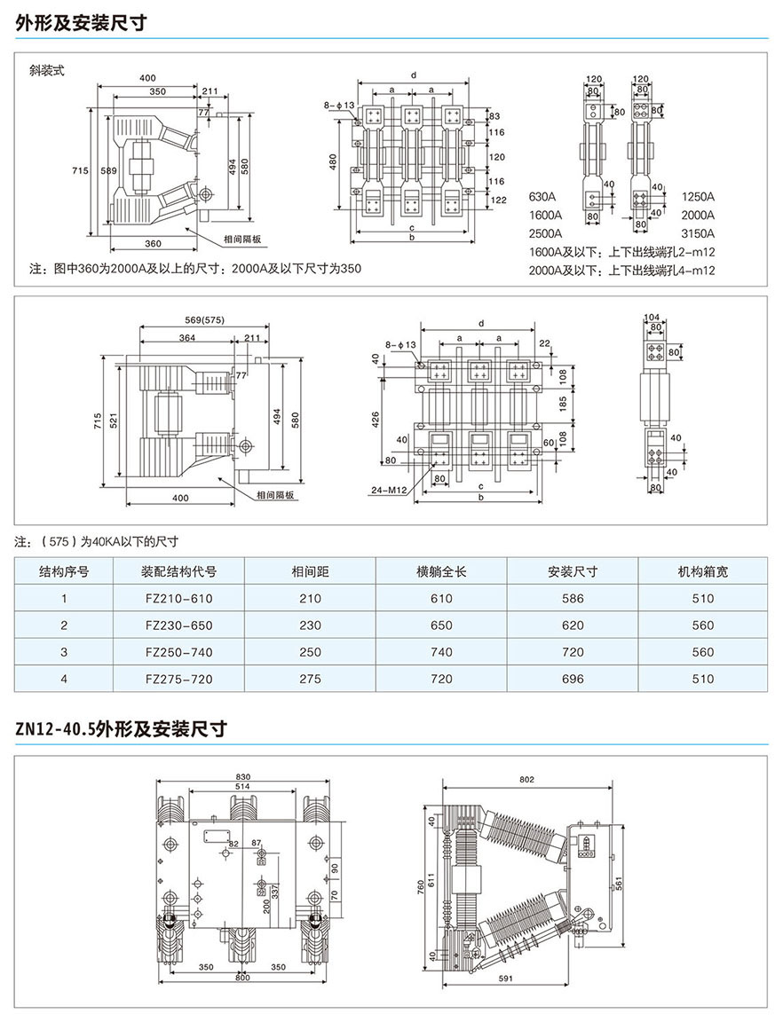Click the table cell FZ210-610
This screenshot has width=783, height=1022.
tap(178, 599)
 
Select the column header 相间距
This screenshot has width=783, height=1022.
tap(310, 571)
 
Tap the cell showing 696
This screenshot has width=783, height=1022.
tap(573, 679)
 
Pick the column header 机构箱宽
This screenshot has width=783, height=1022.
tap(702, 571)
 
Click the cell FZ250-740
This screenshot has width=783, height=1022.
tap(178, 652)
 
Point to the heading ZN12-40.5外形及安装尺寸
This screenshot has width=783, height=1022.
tap(122, 729)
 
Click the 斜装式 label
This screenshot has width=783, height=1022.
tap(47, 70)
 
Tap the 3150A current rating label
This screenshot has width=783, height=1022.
tap(698, 233)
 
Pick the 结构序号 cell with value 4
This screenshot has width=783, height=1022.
tap(64, 679)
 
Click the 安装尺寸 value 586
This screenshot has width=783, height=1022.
tap(573, 599)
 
